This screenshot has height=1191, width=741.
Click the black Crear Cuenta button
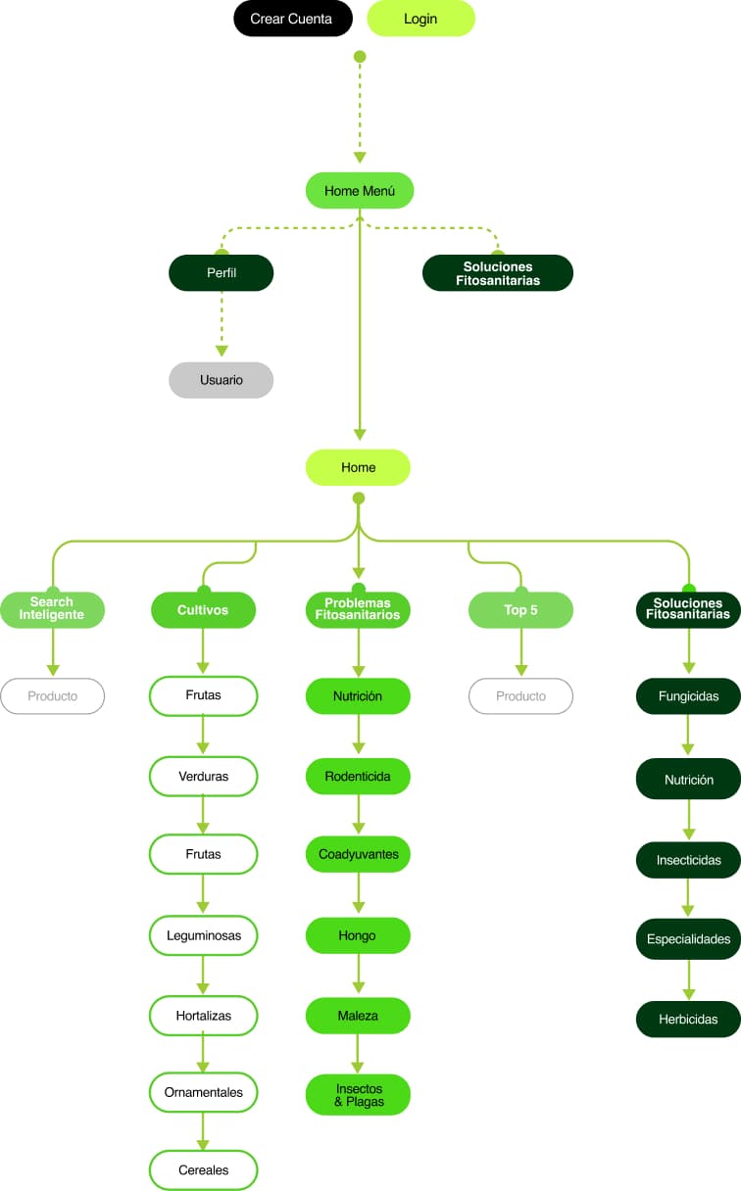(x=292, y=19)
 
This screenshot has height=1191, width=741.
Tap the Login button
(x=420, y=19)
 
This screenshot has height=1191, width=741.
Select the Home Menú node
(x=360, y=191)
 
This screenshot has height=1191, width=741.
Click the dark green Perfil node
(x=222, y=273)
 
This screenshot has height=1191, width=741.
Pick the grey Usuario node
(x=222, y=380)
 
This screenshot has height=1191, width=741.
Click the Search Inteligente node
(x=52, y=609)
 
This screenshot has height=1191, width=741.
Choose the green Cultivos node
(x=203, y=610)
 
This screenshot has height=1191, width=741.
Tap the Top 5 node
(x=520, y=610)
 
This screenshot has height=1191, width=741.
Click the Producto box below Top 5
(x=520, y=696)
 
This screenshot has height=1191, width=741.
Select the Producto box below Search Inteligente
(x=52, y=696)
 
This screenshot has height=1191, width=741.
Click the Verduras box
(x=203, y=777)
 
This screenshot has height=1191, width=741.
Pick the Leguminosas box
(x=203, y=935)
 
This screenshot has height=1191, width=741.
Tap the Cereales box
(x=203, y=1170)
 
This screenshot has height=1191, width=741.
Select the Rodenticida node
(x=358, y=777)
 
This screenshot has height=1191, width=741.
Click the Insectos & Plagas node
(x=358, y=1095)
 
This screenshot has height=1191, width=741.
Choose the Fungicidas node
(x=688, y=696)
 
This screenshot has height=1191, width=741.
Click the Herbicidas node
(x=688, y=1020)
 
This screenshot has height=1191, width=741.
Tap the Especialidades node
(x=688, y=939)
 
